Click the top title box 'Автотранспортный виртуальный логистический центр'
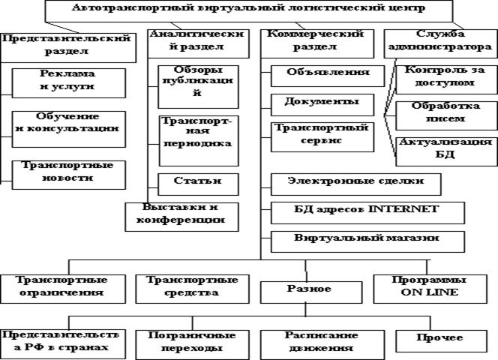pos(249,10)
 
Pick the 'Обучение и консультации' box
pos(67,123)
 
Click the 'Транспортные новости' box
pos(67,172)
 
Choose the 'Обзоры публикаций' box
pos(187,82)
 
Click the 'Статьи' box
pos(187,182)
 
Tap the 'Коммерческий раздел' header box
pos(313,40)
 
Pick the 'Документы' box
pos(320,101)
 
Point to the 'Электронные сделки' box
pos(355,181)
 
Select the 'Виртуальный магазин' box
pos(365,238)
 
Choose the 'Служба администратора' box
pos(437,40)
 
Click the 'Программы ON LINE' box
pos(435,286)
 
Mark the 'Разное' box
pos(304,287)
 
